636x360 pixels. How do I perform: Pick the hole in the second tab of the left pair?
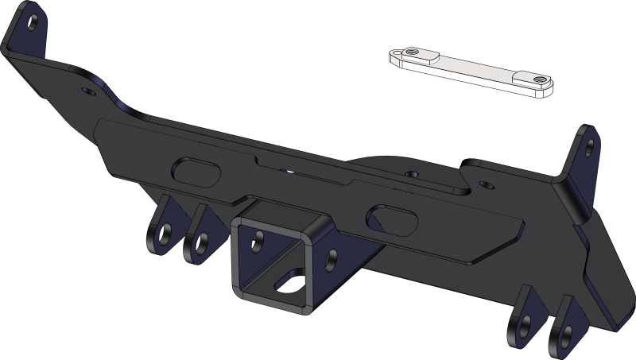[x=201, y=240]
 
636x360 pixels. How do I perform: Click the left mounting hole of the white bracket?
[x=411, y=54]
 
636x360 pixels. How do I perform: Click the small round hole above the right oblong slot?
[x=410, y=172]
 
